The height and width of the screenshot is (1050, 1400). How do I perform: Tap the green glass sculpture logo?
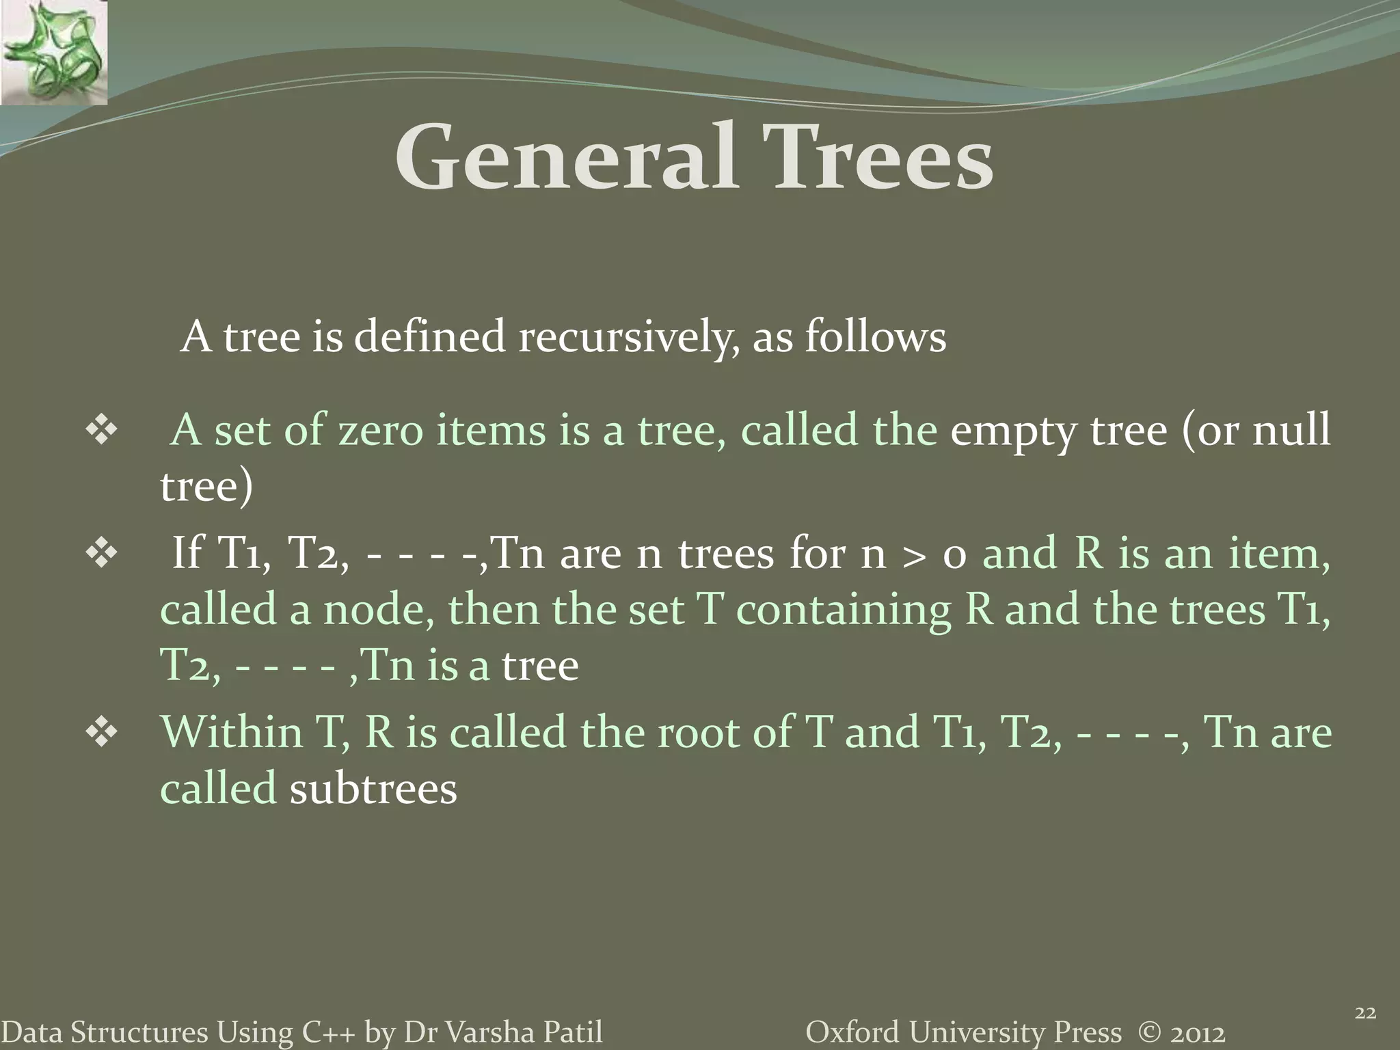pyautogui.click(x=53, y=53)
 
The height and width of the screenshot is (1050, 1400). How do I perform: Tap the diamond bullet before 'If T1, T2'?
pyautogui.click(x=102, y=553)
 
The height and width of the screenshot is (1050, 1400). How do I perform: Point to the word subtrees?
pyautogui.click(x=373, y=789)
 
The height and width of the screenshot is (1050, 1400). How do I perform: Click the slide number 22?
pyautogui.click(x=1364, y=1014)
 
